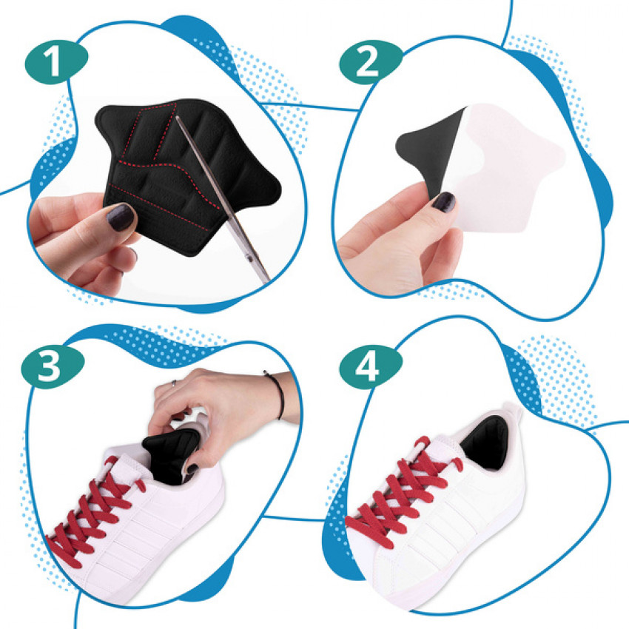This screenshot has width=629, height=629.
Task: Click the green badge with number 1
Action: tap(56, 61)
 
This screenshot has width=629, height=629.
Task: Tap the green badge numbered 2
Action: tap(371, 62)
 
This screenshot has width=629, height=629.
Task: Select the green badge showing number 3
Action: tap(53, 366)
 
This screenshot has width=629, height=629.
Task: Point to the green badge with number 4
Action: tap(371, 366)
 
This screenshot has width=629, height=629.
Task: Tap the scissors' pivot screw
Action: tap(250, 258)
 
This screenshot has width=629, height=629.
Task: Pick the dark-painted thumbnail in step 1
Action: tap(121, 216)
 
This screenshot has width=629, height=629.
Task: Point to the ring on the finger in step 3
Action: tap(174, 383)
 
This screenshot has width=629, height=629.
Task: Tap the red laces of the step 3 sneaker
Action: tap(93, 517)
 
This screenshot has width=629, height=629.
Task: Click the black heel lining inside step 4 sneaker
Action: tap(485, 443)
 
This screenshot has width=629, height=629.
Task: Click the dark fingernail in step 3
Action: tap(192, 468)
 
